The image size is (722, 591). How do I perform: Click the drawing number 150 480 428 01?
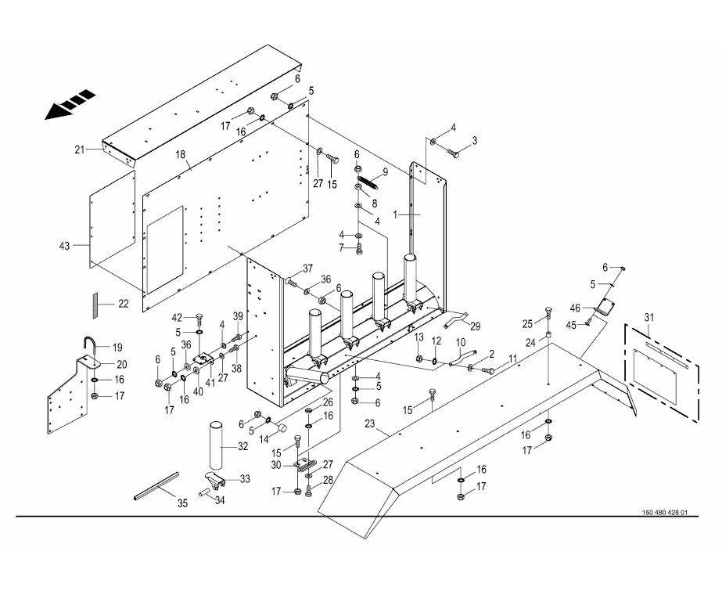click(665, 513)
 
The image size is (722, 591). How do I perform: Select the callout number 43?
click(65, 246)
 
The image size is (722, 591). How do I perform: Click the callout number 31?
click(649, 316)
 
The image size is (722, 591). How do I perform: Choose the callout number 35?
click(181, 503)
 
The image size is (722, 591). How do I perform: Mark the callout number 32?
click(243, 447)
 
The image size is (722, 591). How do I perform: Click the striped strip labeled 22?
click(92, 305)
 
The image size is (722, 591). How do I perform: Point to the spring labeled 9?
click(369, 185)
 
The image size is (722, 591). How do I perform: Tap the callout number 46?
click(576, 308)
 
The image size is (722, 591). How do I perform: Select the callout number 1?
click(396, 213)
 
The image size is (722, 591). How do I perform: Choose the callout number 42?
click(177, 317)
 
